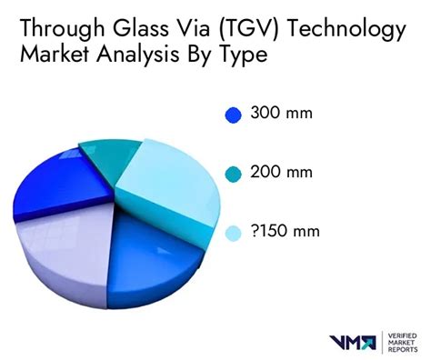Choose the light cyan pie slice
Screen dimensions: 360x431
[168, 178]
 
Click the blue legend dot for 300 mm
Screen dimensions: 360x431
[233, 115]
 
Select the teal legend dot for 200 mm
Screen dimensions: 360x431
[233, 172]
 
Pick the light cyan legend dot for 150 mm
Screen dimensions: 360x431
[233, 233]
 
